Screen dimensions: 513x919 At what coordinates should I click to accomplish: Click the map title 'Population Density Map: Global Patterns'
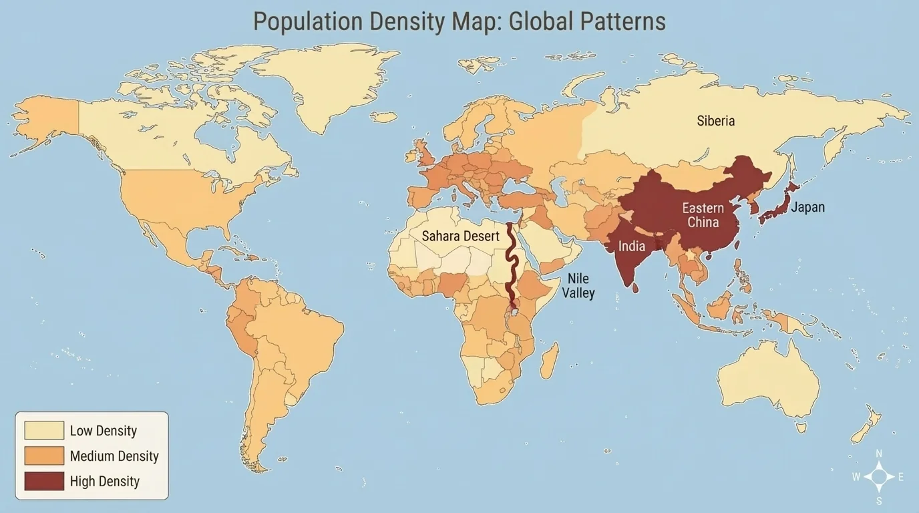[x=459, y=21]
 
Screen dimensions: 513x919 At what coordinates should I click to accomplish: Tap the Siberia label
[x=715, y=121]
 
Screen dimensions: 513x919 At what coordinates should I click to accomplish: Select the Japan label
[x=807, y=207]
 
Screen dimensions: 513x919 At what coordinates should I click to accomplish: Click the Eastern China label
[x=703, y=215]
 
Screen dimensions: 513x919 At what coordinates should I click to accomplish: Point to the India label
[x=631, y=246]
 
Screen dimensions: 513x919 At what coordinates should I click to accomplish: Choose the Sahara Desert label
[x=460, y=236]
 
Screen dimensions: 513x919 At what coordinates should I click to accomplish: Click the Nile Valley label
[x=578, y=285]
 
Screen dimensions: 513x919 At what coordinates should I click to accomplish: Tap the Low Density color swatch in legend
[x=44, y=431]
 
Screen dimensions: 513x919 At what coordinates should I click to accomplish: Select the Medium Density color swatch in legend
[x=44, y=456]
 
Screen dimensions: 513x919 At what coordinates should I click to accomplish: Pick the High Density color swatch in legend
[x=44, y=481]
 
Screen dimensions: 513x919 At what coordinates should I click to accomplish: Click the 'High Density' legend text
[x=104, y=481]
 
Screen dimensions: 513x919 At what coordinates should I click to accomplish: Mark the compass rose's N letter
[x=879, y=454]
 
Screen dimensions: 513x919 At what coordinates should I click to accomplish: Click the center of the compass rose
[x=879, y=477]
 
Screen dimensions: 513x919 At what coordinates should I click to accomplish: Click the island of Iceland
[x=383, y=116]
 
